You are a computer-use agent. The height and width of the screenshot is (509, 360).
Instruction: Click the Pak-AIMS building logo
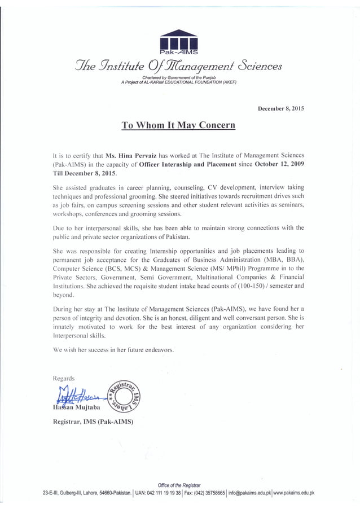coord(178,42)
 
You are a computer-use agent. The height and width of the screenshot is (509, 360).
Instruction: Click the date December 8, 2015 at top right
coord(280,108)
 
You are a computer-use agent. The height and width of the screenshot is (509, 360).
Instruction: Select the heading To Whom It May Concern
coord(178,125)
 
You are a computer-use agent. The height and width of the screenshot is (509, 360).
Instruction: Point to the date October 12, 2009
coord(279,164)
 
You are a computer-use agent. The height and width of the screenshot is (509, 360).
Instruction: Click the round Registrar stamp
coord(122,393)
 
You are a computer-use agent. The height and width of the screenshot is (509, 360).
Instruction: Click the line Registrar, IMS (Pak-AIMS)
coord(93,422)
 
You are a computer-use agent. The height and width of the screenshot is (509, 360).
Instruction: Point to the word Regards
coord(63,378)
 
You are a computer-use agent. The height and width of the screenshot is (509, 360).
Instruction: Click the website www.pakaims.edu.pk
coord(294,493)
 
